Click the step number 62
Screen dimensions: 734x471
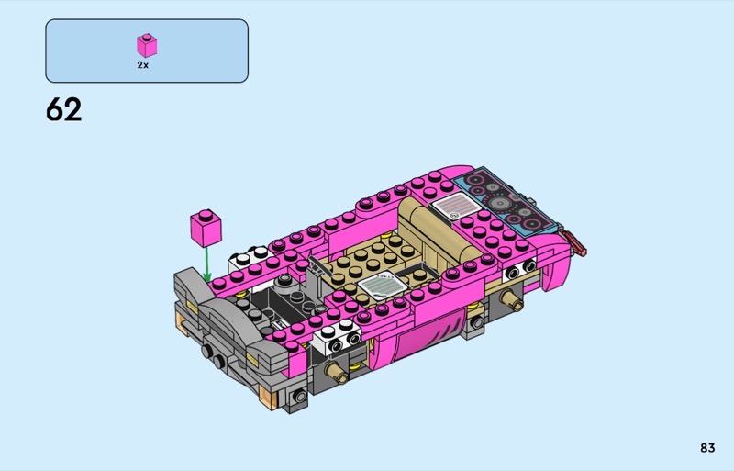point(63,109)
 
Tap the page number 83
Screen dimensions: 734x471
point(707,448)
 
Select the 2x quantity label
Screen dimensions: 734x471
point(143,65)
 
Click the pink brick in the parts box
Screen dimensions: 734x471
point(147,46)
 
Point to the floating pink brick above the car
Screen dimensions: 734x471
point(206,228)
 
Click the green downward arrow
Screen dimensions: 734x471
point(206,265)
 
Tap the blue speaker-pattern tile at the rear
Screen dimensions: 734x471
point(503,201)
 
